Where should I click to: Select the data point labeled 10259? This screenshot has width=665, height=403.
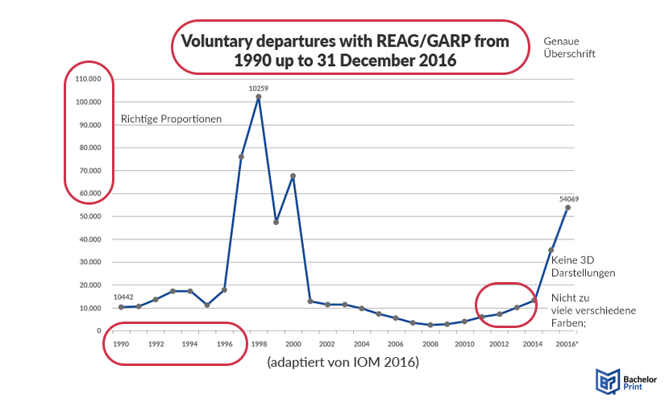(259, 97)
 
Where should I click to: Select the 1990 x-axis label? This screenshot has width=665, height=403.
(121, 343)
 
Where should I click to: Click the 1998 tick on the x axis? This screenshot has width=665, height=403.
(259, 343)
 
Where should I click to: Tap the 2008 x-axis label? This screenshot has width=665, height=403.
(430, 343)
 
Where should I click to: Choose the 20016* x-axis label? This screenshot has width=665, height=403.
(567, 343)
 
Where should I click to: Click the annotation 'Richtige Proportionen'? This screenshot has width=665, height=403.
(171, 119)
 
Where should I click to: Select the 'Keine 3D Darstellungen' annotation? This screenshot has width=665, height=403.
(583, 266)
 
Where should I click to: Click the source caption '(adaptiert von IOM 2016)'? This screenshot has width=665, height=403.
(343, 364)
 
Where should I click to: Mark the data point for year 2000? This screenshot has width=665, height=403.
(293, 176)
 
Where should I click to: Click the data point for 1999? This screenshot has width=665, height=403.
(276, 222)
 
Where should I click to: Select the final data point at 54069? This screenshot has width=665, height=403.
(567, 207)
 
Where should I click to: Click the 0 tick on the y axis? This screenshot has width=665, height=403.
(99, 331)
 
